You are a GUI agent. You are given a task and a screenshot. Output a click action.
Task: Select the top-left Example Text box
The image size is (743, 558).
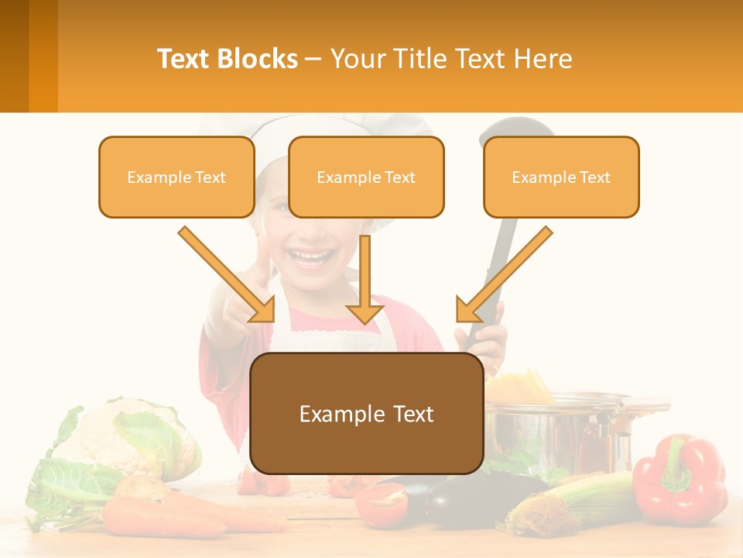click(176, 177)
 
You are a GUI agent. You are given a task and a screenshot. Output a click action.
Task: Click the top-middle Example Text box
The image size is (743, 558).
click(366, 177)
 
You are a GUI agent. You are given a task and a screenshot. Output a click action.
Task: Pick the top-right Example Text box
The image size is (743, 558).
click(561, 177)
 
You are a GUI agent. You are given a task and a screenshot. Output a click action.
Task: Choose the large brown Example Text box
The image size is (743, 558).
click(366, 413)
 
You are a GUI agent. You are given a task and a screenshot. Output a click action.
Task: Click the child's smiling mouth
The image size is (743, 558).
click(312, 256)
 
